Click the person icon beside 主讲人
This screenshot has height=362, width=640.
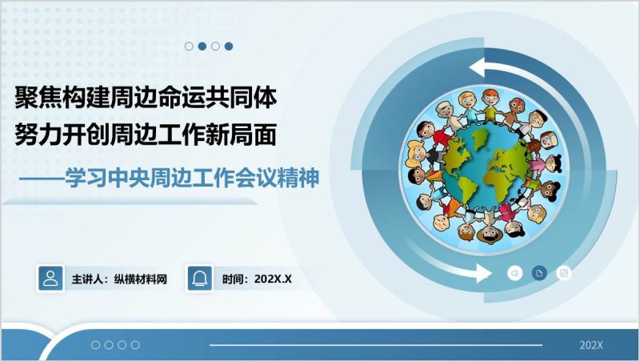coord(50,278)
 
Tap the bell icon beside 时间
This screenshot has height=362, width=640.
coord(199,278)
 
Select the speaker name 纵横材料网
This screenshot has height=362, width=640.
coord(141,280)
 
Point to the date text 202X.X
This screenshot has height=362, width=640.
coord(273,280)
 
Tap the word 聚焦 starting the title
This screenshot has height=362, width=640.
coord(33,98)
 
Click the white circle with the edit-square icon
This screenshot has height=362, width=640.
coord(564,273)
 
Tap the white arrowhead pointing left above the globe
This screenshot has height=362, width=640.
coord(479,66)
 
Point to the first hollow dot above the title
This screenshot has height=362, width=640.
coord(189,46)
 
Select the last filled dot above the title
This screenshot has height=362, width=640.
coord(229,46)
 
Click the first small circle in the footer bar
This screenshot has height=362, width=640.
coord(96,345)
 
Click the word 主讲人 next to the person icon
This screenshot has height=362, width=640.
coord(87,280)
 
